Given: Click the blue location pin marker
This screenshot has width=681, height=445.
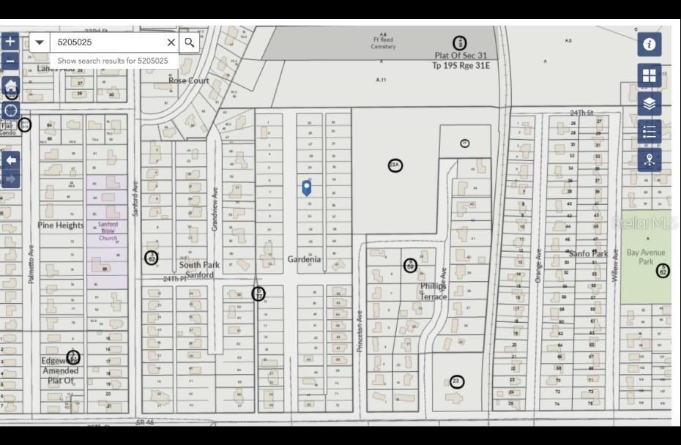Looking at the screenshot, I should [307, 187].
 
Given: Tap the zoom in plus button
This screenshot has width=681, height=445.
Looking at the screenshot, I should [10, 42].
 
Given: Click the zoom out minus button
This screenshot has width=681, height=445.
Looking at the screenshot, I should [10, 61].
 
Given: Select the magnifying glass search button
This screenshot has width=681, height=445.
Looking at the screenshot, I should [189, 42].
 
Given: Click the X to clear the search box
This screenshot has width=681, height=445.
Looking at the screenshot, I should [171, 42].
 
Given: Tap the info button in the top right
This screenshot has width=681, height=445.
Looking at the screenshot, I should [649, 44].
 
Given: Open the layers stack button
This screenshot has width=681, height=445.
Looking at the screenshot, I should [649, 104].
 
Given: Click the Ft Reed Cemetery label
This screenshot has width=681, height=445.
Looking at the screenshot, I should [382, 43].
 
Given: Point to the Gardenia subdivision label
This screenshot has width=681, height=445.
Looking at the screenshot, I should [304, 259].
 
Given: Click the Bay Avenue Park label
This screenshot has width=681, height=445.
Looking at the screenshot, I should [641, 257].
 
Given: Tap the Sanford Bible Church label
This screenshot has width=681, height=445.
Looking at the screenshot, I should [108, 231].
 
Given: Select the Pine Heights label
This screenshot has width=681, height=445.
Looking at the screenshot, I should [61, 225].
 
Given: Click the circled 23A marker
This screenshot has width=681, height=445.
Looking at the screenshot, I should [395, 165].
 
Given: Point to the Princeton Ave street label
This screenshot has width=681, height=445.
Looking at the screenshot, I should [360, 332].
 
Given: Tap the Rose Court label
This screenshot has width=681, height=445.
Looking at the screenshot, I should [188, 81].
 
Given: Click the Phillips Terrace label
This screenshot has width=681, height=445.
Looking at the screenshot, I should [433, 291].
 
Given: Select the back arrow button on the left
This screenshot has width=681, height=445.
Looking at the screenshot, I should [10, 160].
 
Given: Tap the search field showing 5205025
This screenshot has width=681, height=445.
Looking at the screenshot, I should [110, 42].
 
